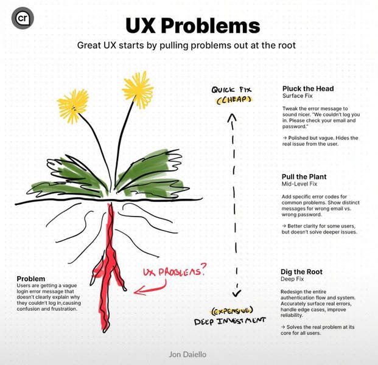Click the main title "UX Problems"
192,26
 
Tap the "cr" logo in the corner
23,19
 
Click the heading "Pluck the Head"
308,88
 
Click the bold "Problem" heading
31,278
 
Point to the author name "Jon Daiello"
189,352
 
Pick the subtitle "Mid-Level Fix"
301,184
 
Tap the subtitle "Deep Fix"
295,280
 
